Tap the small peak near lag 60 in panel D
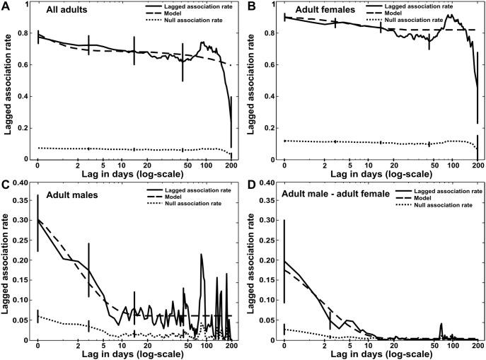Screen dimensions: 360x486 click(441, 325)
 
